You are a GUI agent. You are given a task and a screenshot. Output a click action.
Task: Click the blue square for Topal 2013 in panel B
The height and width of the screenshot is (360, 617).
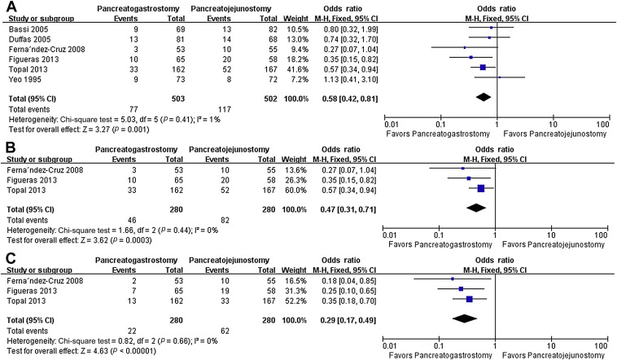point(480,188)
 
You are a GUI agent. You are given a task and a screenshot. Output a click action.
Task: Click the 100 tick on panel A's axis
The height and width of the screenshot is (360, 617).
point(603,122)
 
